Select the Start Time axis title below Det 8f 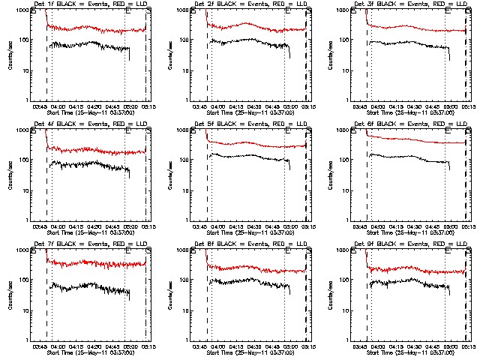click(248, 352)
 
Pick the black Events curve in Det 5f click(247, 157)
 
